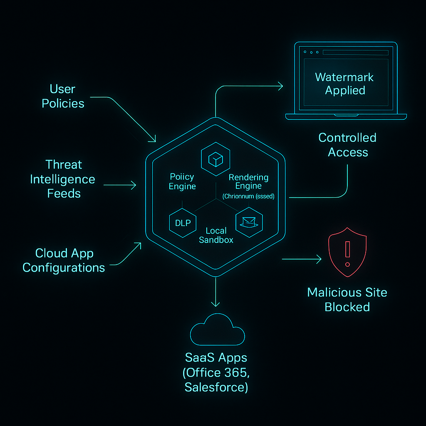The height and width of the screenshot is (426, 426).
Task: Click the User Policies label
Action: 63,96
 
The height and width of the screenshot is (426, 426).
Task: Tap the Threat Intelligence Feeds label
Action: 63,179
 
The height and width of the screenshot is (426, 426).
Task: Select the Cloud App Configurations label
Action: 64,260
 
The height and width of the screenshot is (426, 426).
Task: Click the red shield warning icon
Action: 348,252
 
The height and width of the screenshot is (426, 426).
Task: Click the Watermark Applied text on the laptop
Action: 344,84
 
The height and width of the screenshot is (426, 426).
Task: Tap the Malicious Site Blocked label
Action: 347,300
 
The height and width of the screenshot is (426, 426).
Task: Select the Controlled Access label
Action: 347,145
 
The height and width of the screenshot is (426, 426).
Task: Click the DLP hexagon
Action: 183,223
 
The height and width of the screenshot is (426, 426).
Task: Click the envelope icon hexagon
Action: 248,223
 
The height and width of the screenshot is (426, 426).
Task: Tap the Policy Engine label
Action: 182,181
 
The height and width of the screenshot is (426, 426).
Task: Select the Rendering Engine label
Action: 248,181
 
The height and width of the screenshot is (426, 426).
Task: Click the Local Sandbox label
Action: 216,235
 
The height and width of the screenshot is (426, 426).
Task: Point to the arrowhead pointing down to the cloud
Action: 215,303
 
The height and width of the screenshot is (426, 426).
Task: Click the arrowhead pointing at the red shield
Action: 319,260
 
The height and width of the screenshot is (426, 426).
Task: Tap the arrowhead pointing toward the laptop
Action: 280,86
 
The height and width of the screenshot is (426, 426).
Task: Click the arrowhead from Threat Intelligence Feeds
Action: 134,185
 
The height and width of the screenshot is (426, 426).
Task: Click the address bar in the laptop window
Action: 355,52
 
